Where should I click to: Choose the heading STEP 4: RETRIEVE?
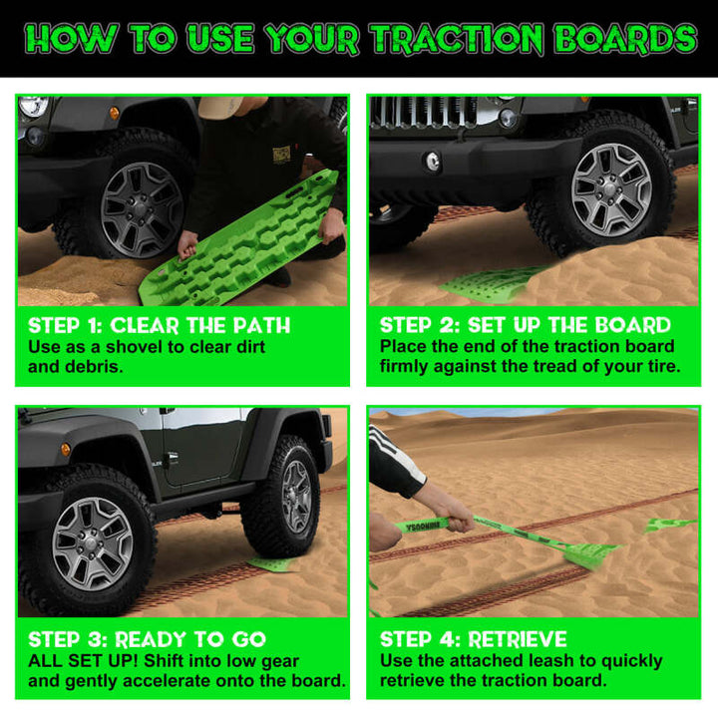(x=473, y=639)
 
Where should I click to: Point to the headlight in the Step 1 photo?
(x=33, y=106)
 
